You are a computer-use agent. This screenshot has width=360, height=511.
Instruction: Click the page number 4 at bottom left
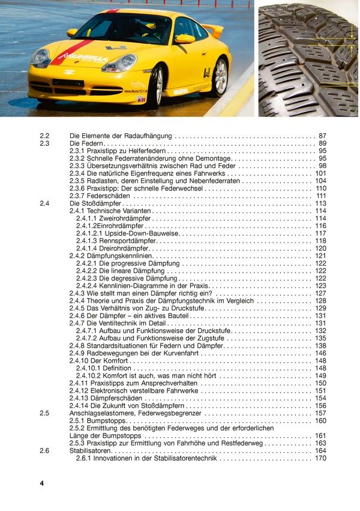tap(42, 483)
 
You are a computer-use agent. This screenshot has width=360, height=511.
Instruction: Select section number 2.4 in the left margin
tap(44, 204)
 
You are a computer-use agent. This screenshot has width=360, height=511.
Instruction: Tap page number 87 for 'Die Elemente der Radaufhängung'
tap(322, 136)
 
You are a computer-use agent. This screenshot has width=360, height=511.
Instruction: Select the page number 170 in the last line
tap(320, 458)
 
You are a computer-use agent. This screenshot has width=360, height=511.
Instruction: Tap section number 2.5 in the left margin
tap(44, 413)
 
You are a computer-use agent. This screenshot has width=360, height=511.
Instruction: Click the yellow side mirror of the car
tap(185, 39)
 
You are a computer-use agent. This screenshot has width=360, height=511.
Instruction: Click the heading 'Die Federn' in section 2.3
tap(86, 144)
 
